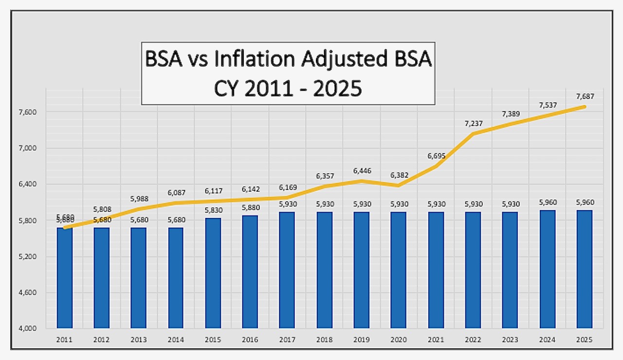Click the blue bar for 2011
[65, 278]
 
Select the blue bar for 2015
[213, 273]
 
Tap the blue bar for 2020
[398, 270]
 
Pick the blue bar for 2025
[585, 269]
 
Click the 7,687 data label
[585, 97]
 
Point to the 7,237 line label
[473, 124]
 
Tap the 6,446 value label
[361, 171]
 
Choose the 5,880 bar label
[250, 207]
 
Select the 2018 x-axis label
[324, 340]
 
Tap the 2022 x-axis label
[473, 340]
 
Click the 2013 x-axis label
[139, 340]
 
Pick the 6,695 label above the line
[436, 156]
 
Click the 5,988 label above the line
[139, 199]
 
